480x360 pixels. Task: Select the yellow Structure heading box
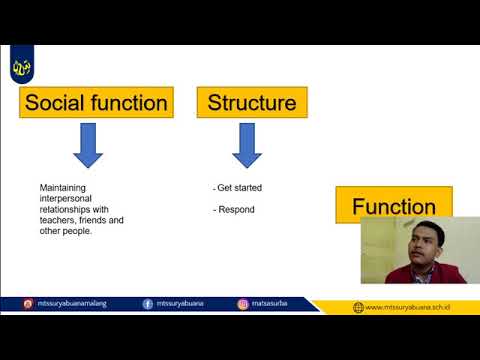click(x=251, y=102)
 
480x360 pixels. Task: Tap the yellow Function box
click(x=392, y=207)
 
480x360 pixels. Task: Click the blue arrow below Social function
click(x=88, y=147)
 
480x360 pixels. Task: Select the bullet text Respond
click(x=235, y=210)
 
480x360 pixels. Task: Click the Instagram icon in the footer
click(x=243, y=304)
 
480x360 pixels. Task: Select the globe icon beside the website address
click(x=358, y=307)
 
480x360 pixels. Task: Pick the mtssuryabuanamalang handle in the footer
click(x=78, y=304)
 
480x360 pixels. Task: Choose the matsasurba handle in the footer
click(x=270, y=304)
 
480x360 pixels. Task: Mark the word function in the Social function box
click(x=129, y=102)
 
